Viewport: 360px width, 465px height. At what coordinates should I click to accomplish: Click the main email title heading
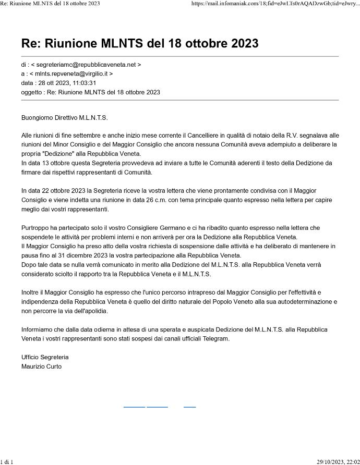(x=140, y=43)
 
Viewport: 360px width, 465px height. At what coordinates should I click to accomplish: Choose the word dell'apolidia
(x=88, y=311)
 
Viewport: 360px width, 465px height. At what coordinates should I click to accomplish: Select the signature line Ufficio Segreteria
(x=45, y=357)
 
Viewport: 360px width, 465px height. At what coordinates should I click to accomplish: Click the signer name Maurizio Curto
(x=41, y=366)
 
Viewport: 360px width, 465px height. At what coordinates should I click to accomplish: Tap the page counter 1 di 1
(x=6, y=461)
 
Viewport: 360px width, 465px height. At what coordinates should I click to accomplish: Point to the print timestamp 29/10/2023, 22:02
(x=338, y=461)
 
